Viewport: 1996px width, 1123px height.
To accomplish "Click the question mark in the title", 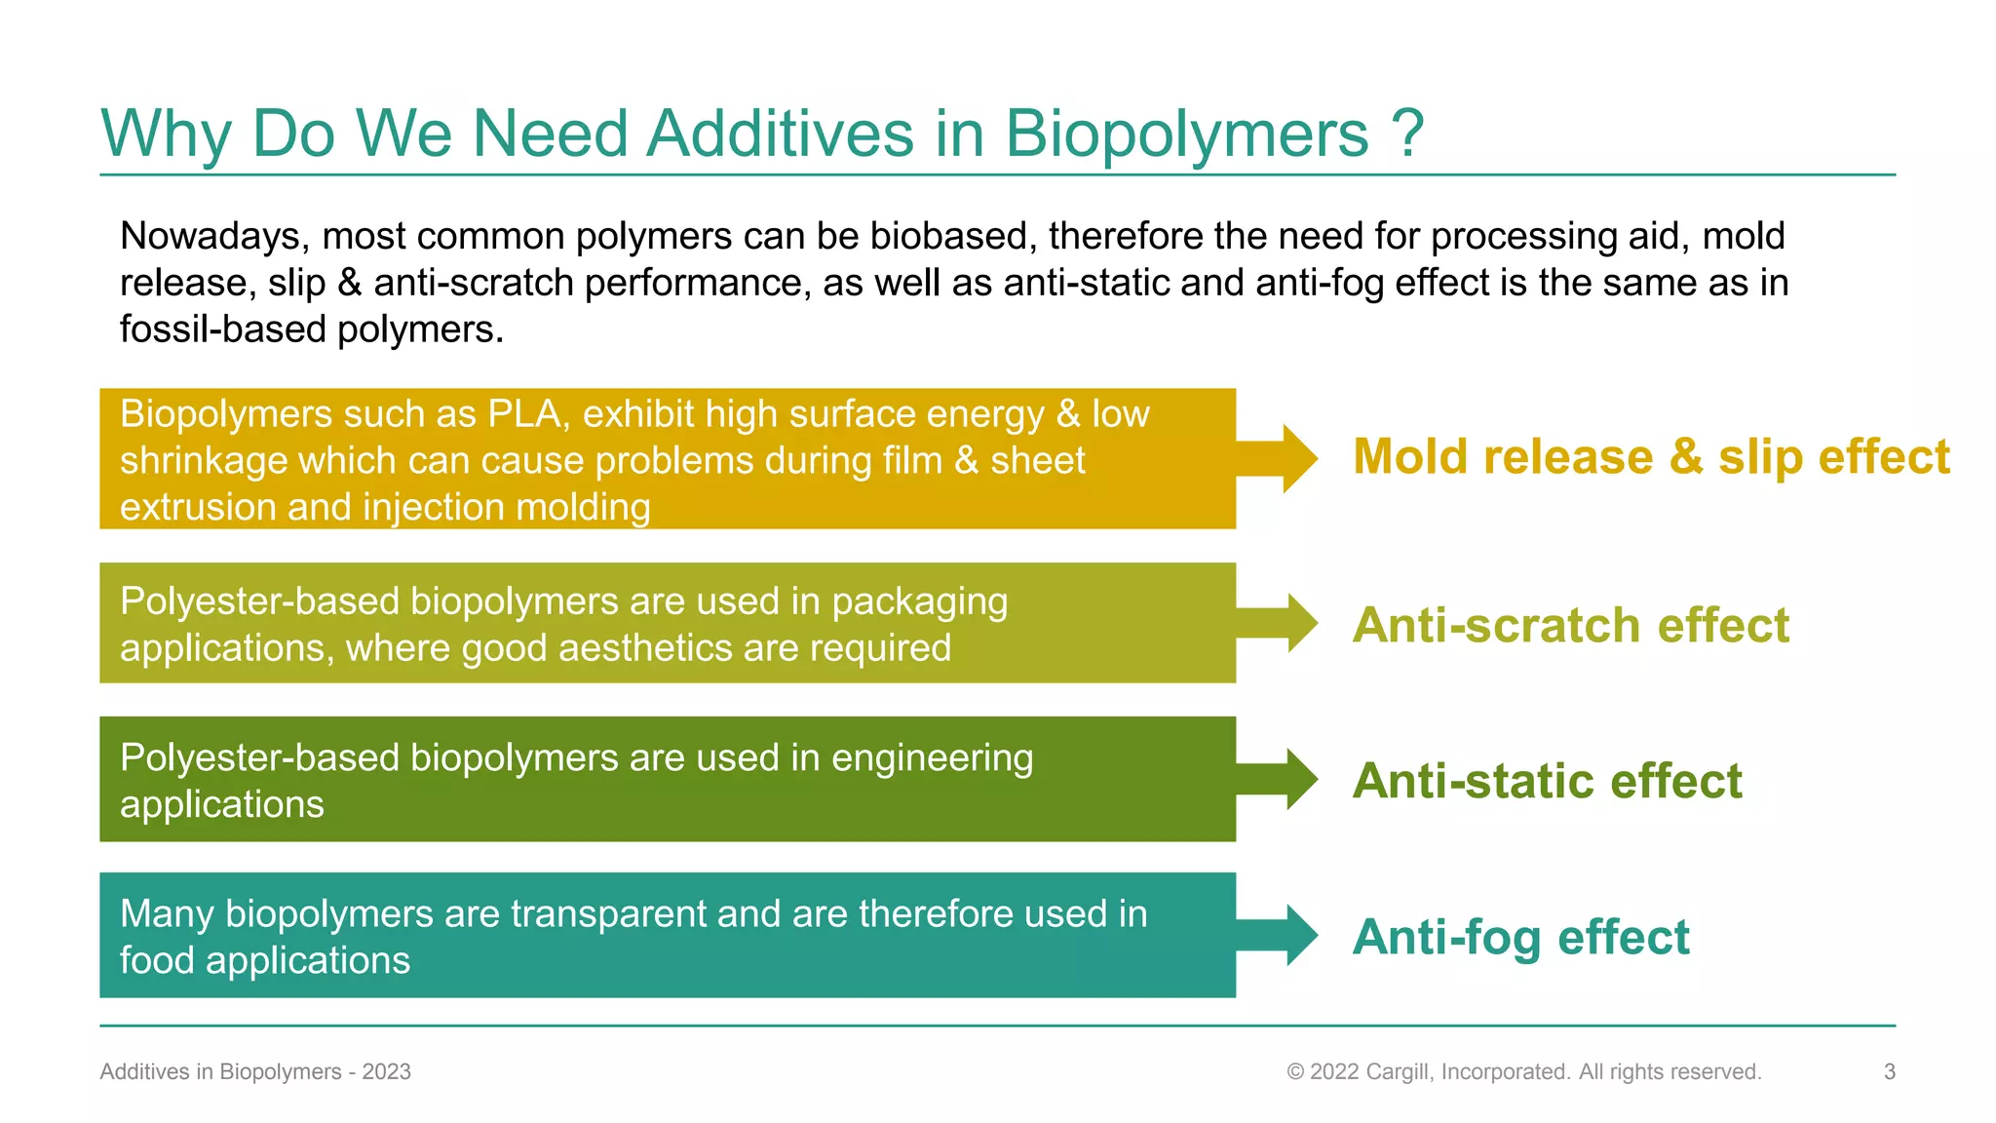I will point(1408,133).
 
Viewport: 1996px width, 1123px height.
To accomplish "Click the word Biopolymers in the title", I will point(1186,135).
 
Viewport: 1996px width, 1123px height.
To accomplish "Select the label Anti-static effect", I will point(1547,781).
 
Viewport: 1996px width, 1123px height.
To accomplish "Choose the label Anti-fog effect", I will point(1520,937).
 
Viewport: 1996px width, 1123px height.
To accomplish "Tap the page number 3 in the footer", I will point(1889,1071).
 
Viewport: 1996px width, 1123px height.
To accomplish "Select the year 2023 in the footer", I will point(387,1071).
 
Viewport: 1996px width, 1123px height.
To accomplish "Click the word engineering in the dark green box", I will point(932,758).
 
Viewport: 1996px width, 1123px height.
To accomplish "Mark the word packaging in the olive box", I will point(919,602).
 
